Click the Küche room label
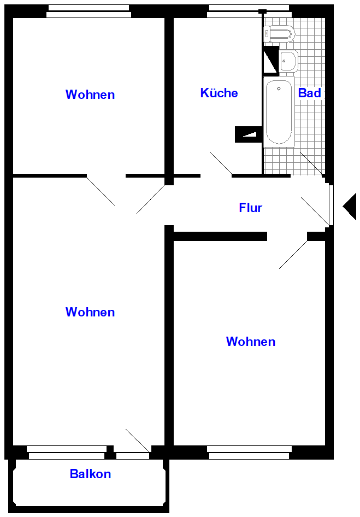pyautogui.click(x=219, y=93)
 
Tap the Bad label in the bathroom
pyautogui.click(x=309, y=93)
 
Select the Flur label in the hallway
pyautogui.click(x=251, y=208)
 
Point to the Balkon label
pyautogui.click(x=90, y=474)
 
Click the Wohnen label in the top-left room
pyautogui.click(x=90, y=95)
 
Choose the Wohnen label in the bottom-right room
pyautogui.click(x=251, y=342)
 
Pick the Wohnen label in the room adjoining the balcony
pyautogui.click(x=90, y=312)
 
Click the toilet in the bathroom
pyautogui.click(x=279, y=34)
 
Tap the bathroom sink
pyautogui.click(x=288, y=61)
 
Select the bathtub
pyautogui.click(x=279, y=112)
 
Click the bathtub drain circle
pyautogui.click(x=279, y=89)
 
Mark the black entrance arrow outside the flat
pyautogui.click(x=350, y=207)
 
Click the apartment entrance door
pyautogui.click(x=331, y=205)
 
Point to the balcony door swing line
pyautogui.click(x=138, y=440)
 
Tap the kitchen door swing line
pyautogui.click(x=221, y=163)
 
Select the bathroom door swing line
pyautogui.click(x=311, y=163)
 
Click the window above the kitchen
pyautogui.click(x=249, y=11)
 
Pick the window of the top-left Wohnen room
pyautogui.click(x=88, y=11)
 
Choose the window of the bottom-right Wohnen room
pyautogui.click(x=249, y=453)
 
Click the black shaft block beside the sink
pyautogui.click(x=271, y=60)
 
